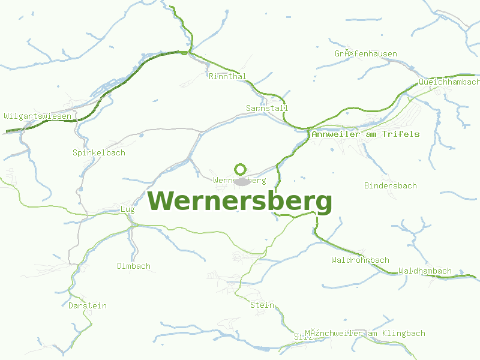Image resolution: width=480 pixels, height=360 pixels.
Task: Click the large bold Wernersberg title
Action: click(240, 202)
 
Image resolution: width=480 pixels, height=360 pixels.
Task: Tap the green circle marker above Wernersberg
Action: click(241, 169)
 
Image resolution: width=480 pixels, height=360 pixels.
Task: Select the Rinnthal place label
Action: click(227, 76)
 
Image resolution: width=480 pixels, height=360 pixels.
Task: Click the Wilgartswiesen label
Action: click(37, 116)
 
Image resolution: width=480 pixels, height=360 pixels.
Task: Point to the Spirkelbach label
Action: click(99, 152)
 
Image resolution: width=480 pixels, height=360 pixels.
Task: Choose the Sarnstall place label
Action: click(267, 108)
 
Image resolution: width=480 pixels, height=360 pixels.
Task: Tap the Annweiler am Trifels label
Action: click(365, 134)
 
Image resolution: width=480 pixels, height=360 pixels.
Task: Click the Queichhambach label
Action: click(449, 82)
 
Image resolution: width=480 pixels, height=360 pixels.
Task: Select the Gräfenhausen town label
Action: click(366, 53)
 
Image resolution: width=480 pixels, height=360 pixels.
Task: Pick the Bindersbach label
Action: click(390, 185)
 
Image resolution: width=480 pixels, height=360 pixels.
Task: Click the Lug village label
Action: click(128, 209)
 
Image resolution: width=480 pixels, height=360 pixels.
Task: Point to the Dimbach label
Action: click(134, 266)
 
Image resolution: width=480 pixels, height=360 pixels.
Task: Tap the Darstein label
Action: click(88, 305)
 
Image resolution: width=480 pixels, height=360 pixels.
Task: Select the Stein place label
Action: click(262, 305)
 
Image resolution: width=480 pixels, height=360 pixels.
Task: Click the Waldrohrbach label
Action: click(360, 260)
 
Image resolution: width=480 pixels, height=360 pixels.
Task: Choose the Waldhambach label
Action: click(425, 271)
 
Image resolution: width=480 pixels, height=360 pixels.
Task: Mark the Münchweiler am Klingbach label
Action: click(365, 333)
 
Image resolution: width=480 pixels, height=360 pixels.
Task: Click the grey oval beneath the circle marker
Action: click(241, 181)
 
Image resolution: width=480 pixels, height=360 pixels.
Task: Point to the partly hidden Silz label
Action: click(299, 337)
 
